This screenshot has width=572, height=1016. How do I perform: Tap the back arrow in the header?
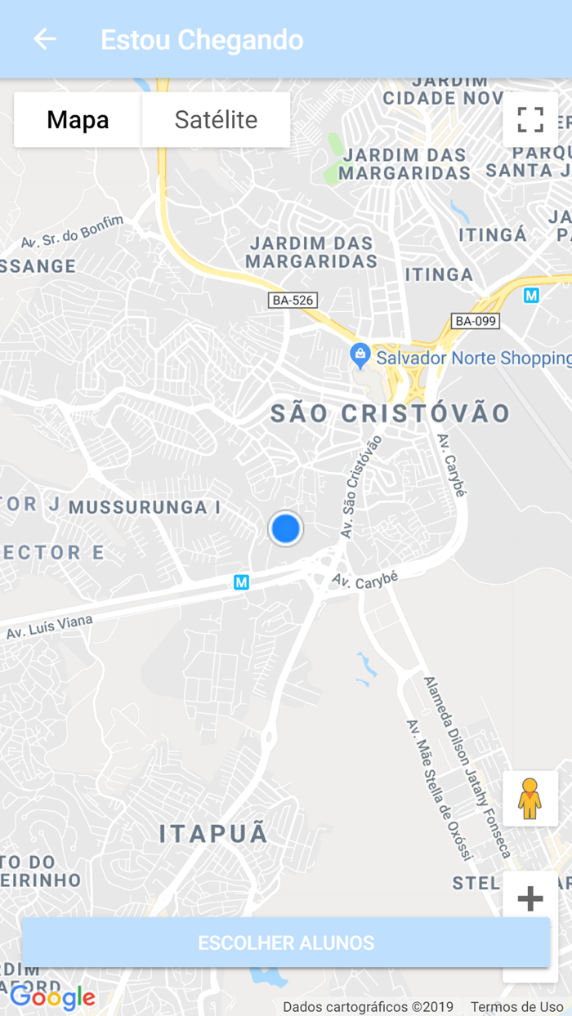[x=45, y=38]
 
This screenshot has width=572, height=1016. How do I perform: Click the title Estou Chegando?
[x=202, y=39]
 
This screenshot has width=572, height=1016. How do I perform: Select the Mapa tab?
[x=78, y=120]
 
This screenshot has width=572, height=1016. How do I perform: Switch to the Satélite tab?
[x=216, y=120]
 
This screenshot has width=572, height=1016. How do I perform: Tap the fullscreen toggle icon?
[x=530, y=120]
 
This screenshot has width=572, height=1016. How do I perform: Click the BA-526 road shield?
[x=293, y=301]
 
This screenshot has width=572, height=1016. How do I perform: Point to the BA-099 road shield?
[x=475, y=321]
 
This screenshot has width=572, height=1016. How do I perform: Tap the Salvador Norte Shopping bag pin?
[x=359, y=355]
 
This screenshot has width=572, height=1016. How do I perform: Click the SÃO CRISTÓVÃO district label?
[x=391, y=413]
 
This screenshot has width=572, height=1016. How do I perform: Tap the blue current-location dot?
[x=285, y=529]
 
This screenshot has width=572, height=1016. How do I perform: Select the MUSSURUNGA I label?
[x=145, y=507]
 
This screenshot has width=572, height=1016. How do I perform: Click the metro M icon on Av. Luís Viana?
[x=241, y=582]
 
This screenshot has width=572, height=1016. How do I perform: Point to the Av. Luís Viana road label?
[x=49, y=627]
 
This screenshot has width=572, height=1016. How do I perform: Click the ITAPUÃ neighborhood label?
[x=213, y=834]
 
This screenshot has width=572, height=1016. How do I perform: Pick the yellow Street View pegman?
[x=530, y=799]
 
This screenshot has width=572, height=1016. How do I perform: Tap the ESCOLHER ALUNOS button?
[x=286, y=942]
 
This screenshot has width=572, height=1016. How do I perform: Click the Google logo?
[x=52, y=997]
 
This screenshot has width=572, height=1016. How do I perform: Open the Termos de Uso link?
[x=516, y=1007]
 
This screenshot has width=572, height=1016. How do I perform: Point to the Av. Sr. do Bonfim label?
[x=72, y=232]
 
